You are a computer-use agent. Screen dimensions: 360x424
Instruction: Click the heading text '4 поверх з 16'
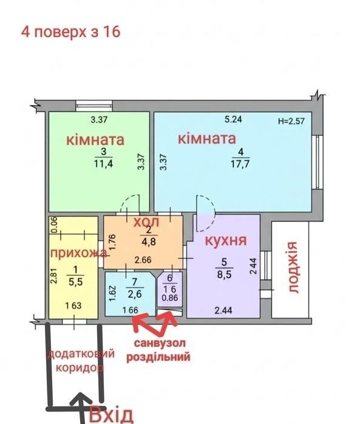pos(71,32)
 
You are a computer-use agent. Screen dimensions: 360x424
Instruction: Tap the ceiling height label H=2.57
pos(291,121)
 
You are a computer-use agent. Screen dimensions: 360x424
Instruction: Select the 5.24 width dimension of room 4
pos(233,119)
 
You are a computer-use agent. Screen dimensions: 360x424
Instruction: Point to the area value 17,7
pos(240,164)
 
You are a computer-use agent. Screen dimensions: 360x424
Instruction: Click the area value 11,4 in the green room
pos(103,163)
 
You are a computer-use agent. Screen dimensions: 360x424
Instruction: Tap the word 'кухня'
pos(226,240)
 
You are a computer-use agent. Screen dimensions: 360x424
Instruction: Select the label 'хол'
pos(146,222)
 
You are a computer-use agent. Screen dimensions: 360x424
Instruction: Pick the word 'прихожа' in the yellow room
pos(78,253)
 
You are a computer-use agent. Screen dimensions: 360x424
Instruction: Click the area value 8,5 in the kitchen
pos(225,275)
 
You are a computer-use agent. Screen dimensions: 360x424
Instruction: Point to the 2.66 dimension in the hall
pos(143,260)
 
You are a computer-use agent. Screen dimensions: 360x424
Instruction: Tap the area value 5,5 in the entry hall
pos(75,282)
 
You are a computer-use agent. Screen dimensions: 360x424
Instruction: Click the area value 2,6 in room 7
pos(135,294)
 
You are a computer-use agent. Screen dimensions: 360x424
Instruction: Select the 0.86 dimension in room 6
pos(170,298)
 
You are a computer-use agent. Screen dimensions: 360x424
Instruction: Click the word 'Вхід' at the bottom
pos(111,415)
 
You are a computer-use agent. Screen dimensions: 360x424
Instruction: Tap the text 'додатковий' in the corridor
pos(81,354)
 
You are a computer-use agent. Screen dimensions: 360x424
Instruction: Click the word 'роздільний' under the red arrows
pos(158,357)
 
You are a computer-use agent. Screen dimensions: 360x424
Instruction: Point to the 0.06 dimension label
pos(54,225)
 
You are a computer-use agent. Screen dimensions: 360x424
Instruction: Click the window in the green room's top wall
pos(94,106)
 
